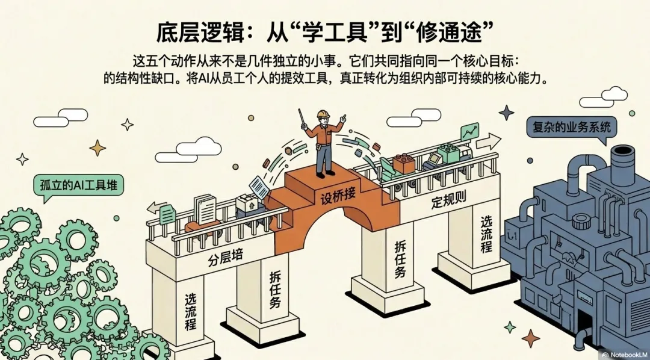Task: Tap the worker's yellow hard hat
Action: coord(323,114)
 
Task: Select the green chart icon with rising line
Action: coord(468,131)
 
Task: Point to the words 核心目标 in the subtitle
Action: coord(483,61)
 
